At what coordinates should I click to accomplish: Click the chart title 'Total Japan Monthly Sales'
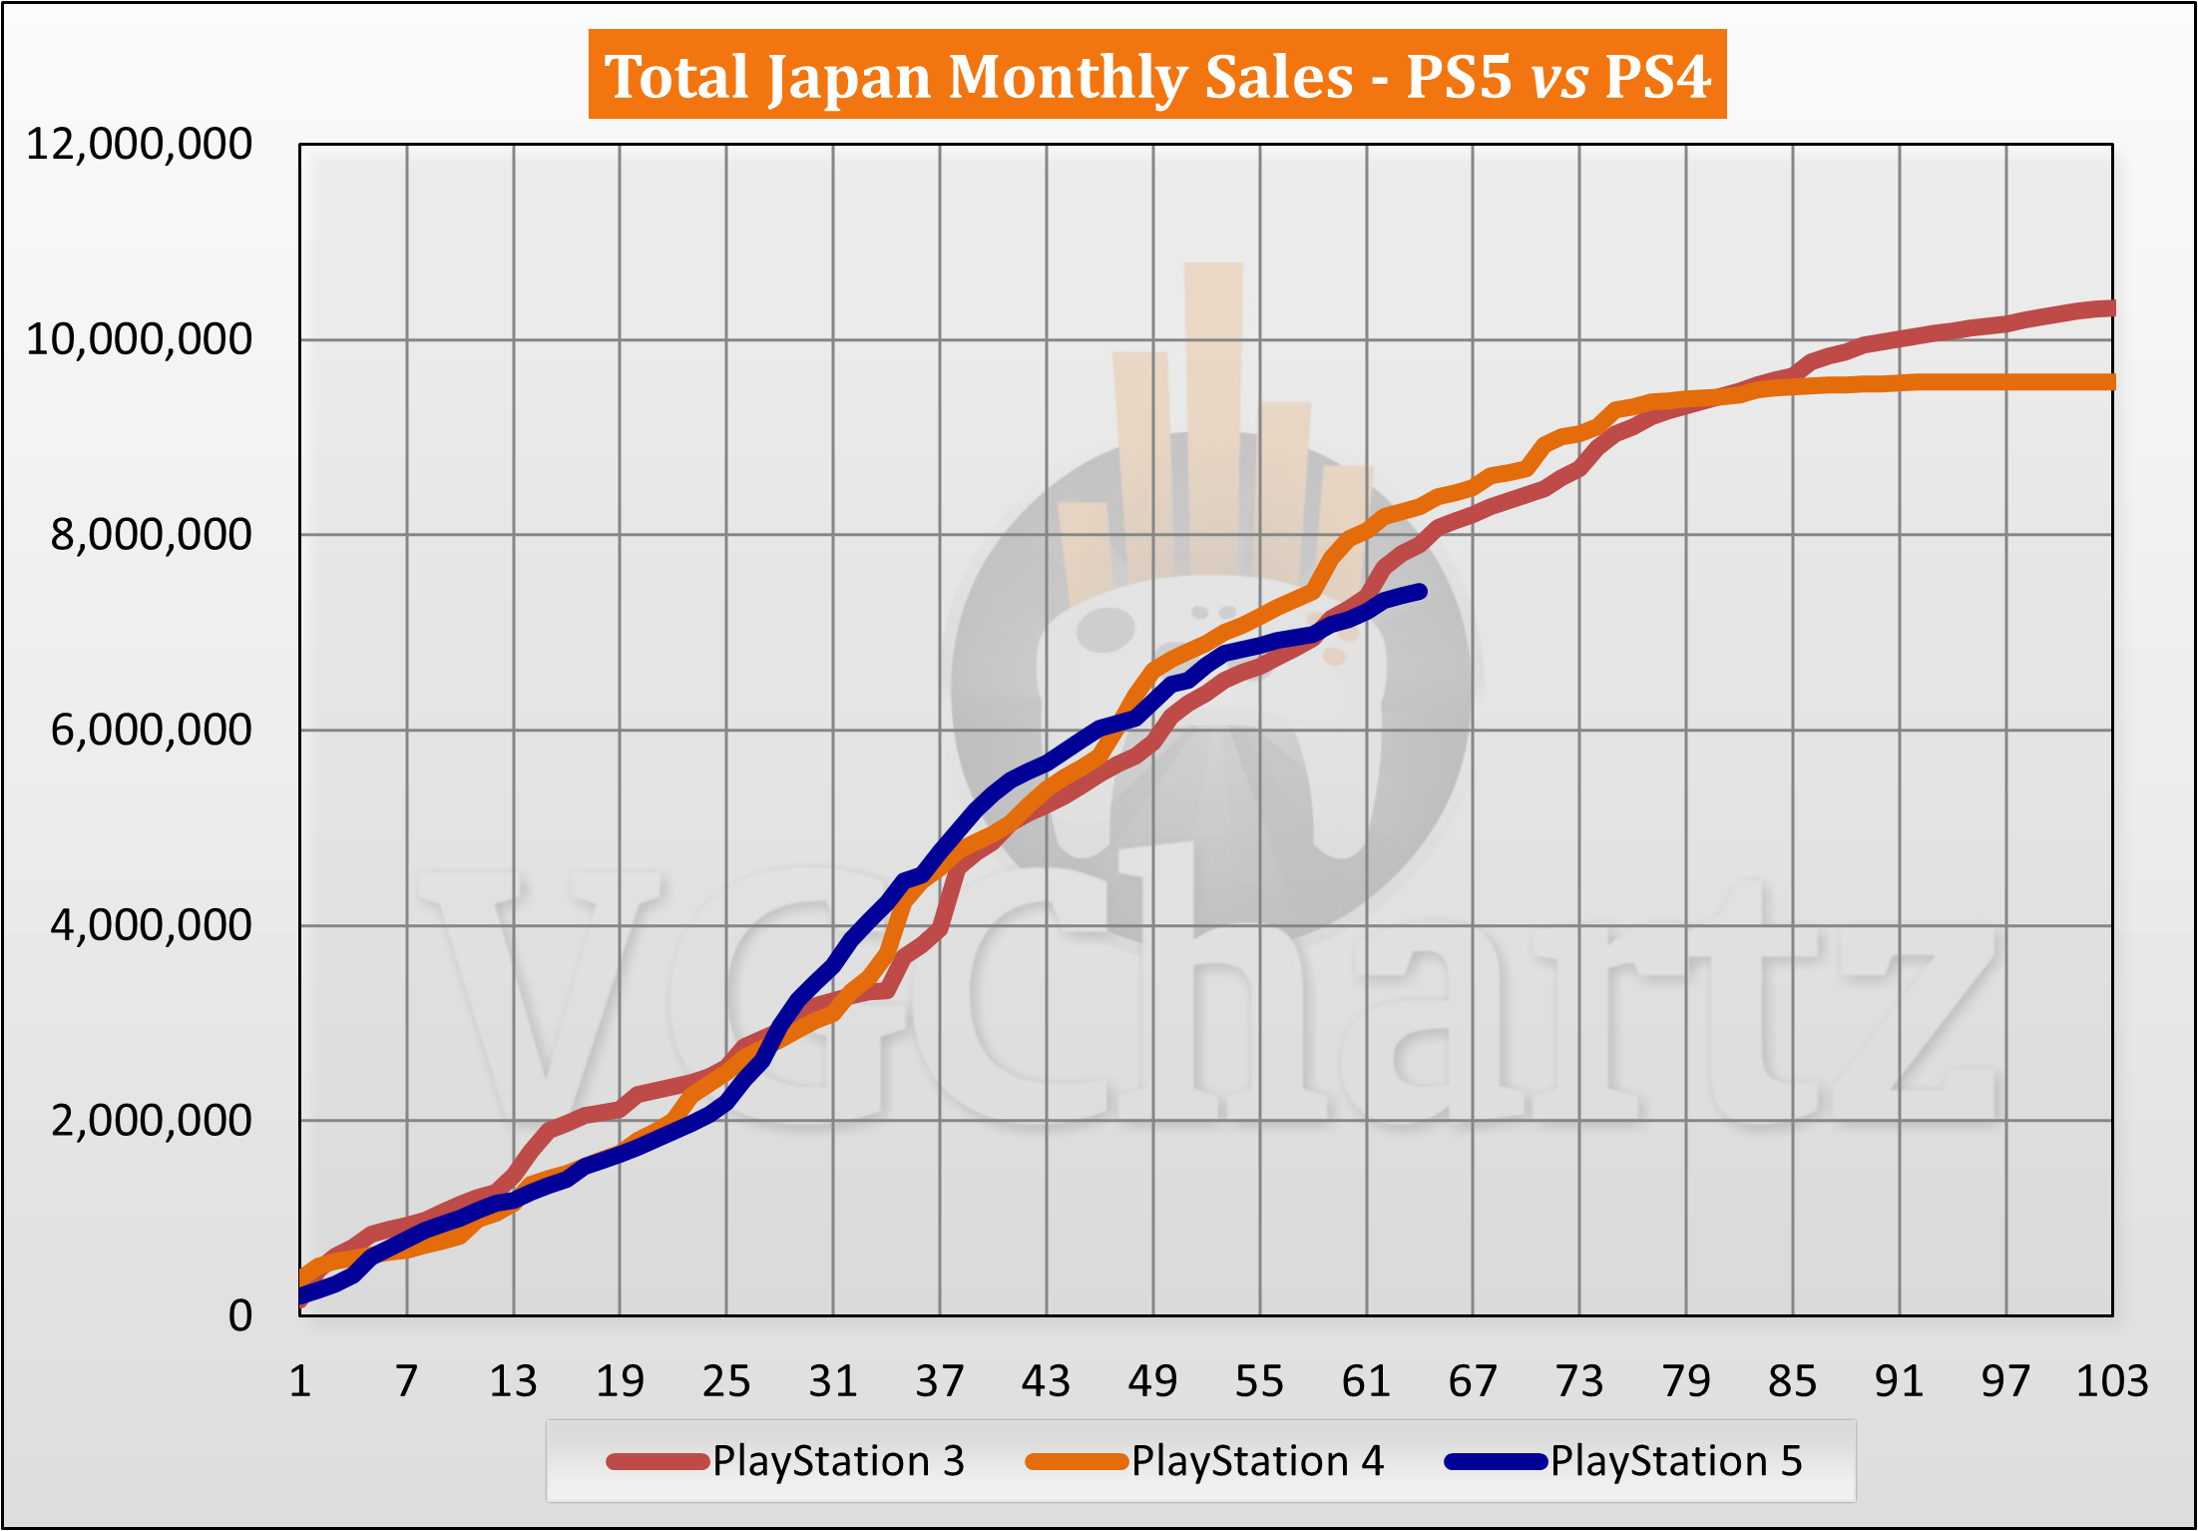click(x=978, y=77)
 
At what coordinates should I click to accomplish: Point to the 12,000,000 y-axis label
click(x=139, y=145)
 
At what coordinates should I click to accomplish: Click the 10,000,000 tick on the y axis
click(x=139, y=340)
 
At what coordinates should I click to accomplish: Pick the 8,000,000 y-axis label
click(x=151, y=535)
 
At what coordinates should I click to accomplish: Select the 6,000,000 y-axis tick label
click(x=151, y=731)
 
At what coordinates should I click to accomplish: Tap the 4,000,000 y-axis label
click(x=151, y=925)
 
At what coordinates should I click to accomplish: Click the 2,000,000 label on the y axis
click(x=151, y=1121)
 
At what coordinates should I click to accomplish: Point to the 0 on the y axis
click(x=239, y=1316)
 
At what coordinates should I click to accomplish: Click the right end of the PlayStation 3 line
click(x=2110, y=308)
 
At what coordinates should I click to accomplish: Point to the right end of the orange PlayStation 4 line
click(x=2110, y=382)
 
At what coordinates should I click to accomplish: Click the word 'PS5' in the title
click(x=1458, y=77)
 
